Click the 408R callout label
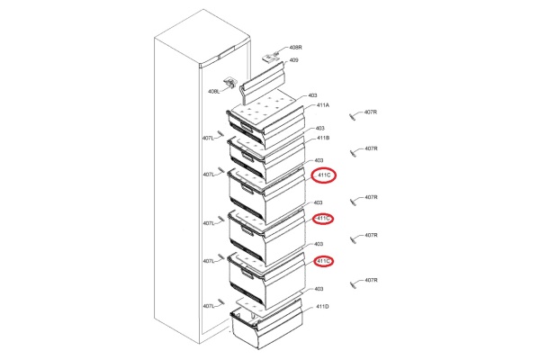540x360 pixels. click(295, 48)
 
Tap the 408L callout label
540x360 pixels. click(213, 91)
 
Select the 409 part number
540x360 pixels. click(293, 60)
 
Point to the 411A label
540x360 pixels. click(323, 105)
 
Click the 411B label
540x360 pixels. click(323, 138)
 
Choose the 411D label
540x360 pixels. click(322, 306)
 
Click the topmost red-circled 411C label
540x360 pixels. click(324, 175)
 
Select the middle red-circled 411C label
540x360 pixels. click(324, 218)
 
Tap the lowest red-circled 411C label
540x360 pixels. click(324, 262)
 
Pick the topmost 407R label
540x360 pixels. click(371, 112)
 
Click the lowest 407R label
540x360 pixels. click(371, 280)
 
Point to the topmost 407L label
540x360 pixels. click(208, 138)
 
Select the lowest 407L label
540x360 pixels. click(209, 306)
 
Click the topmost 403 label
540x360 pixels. click(312, 95)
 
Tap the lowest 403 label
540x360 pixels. click(319, 289)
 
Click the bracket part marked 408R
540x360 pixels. click(271, 57)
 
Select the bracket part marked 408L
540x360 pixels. click(231, 83)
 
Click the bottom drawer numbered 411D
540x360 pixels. click(267, 324)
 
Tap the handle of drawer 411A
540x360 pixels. click(247, 127)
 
